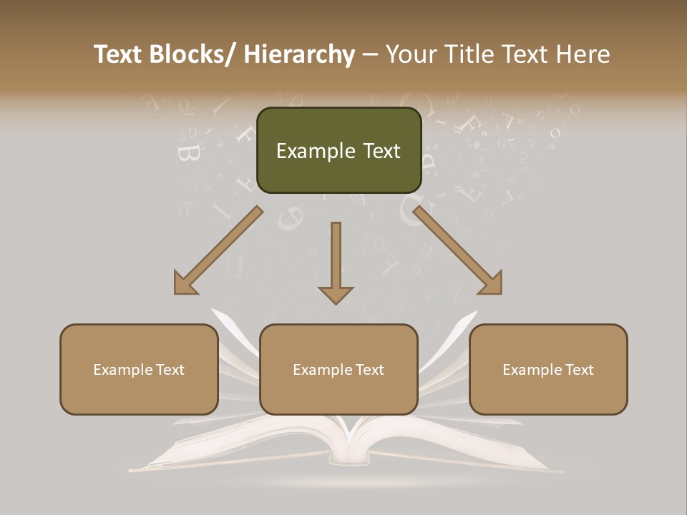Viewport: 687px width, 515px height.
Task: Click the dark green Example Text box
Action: pos(338,150)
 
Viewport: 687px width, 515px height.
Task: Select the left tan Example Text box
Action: pos(139,369)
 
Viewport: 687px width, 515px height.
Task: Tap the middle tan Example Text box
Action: pos(338,369)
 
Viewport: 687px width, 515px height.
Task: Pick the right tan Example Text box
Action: pos(548,369)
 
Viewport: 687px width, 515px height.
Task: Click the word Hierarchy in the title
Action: pos(299,55)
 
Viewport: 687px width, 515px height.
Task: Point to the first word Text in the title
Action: pos(120,55)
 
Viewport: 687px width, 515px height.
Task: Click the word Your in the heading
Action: pos(410,55)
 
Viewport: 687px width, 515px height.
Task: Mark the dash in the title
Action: pos(370,55)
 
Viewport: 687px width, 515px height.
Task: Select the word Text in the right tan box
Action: pos(578,369)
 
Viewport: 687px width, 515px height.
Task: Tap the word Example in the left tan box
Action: pos(123,369)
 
